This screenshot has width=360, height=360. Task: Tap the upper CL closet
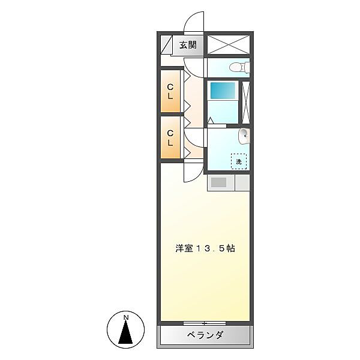coord(170,91)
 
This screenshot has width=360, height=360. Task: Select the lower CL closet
coord(170,139)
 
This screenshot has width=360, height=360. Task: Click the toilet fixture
coord(241,67)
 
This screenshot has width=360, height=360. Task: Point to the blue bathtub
coord(222,91)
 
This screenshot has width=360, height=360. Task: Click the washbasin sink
coord(244,137)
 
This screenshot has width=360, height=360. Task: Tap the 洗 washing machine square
coord(238,161)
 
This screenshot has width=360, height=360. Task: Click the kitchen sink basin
coord(218,182)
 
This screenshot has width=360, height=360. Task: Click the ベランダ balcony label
coord(204,335)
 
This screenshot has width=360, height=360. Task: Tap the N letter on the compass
coord(126,317)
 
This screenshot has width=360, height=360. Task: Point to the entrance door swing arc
coord(193,23)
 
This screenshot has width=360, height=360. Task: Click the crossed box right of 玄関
coord(227,44)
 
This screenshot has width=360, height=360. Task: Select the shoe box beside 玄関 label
coord(167,45)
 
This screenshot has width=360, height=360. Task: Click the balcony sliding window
coord(204,323)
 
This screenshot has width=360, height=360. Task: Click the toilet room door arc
coord(196,65)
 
